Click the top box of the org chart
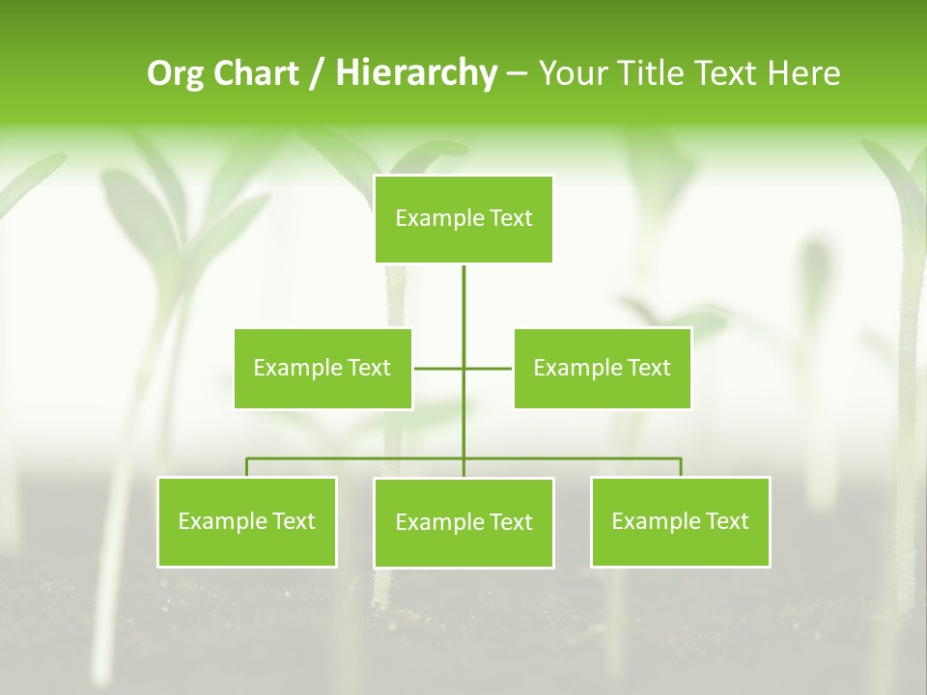coord(463,219)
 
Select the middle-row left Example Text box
coord(323,368)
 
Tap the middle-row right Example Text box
coord(602,368)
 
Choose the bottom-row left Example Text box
coord(246,521)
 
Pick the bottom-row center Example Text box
coord(463,522)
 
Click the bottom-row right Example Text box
coord(680,521)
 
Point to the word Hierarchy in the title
coord(416,73)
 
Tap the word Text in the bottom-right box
coord(726,521)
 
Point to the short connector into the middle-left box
coord(437,368)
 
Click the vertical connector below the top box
coord(463,309)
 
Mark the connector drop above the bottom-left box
coord(246,467)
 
